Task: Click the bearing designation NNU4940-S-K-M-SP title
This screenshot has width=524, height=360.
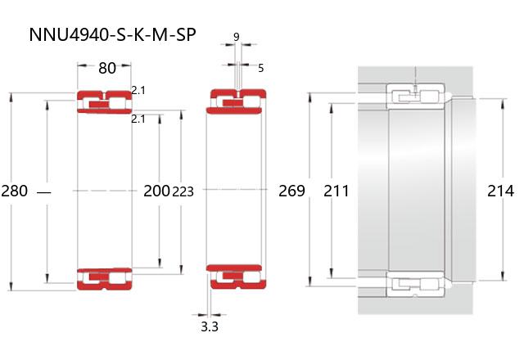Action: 112,34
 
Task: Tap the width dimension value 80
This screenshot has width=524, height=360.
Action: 107,68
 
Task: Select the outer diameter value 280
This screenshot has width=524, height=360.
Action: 15,191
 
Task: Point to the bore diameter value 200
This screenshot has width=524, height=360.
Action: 156,191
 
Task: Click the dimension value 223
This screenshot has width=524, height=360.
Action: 183,191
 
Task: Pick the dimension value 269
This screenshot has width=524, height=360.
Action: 291,191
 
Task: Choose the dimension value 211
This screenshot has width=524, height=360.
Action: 337,191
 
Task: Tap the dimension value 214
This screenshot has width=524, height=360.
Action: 500,191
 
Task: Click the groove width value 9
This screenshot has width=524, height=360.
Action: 237,37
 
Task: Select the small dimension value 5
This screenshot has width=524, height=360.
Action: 260,68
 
